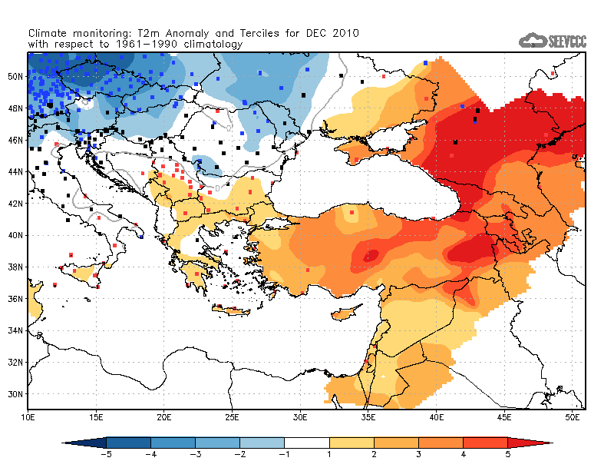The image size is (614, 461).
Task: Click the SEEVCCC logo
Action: point(553,41)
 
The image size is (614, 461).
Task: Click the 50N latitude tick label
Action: point(14,76)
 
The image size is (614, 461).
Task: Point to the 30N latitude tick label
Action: point(14,394)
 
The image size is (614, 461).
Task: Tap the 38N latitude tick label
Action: point(14,267)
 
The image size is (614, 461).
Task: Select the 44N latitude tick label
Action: point(14,171)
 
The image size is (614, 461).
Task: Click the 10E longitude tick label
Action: point(28,416)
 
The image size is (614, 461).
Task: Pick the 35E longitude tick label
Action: point(369,416)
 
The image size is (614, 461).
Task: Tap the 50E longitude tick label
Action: point(573,416)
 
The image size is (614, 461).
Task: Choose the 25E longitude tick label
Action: point(233,416)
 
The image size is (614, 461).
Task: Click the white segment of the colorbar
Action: point(306,443)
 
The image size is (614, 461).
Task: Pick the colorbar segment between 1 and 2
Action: point(352,443)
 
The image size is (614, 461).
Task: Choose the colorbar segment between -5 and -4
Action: point(128,443)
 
